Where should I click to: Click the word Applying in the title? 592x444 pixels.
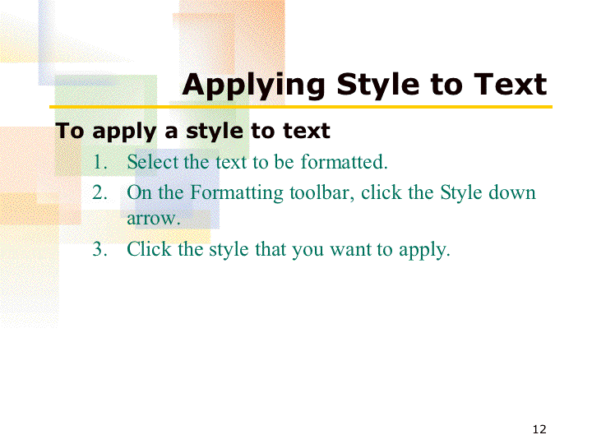click(253, 86)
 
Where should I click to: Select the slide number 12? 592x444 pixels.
click(539, 429)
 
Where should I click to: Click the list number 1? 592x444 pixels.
click(99, 162)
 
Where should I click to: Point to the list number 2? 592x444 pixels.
click(99, 192)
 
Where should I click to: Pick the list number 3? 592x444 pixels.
click(99, 249)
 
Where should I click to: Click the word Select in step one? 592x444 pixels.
click(153, 162)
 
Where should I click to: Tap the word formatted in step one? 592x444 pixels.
click(344, 162)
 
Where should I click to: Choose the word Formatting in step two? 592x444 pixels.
click(236, 193)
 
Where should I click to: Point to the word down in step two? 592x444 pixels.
click(512, 192)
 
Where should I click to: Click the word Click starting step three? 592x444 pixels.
click(150, 249)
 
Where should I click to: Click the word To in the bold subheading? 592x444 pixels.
click(69, 131)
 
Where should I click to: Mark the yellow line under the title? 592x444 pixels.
click(301, 107)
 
